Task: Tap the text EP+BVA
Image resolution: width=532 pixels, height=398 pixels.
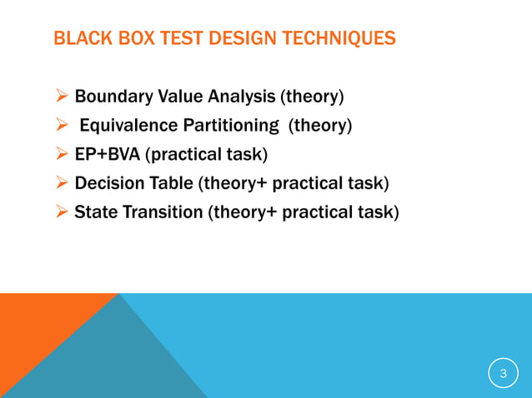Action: point(106,155)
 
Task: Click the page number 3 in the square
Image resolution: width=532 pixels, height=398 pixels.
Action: point(503,374)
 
